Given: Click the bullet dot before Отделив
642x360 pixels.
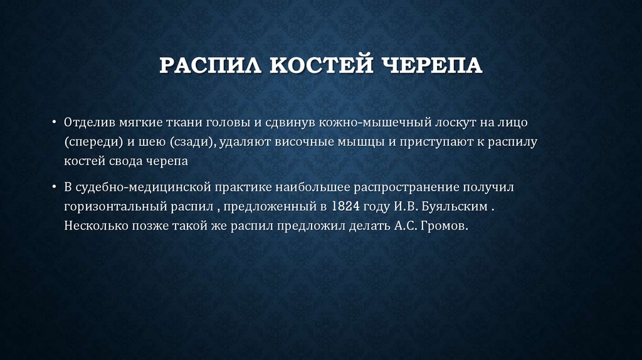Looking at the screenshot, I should tap(54, 121).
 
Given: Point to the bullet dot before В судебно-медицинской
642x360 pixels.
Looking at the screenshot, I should tap(54, 187).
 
